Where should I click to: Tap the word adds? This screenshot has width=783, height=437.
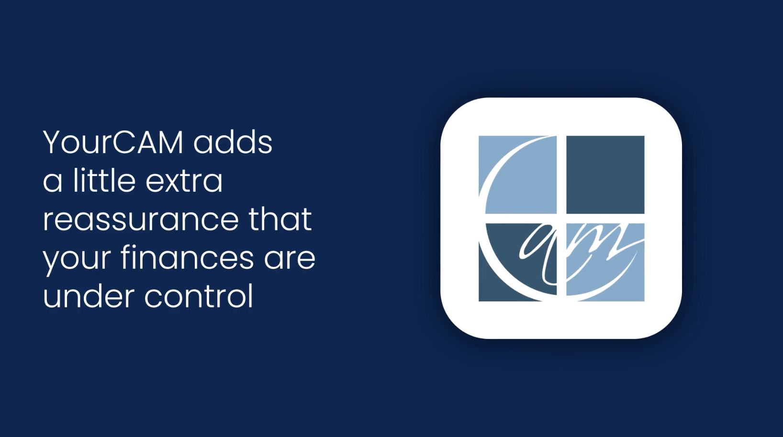pyautogui.click(x=233, y=142)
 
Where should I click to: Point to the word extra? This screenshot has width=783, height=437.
pyautogui.click(x=184, y=182)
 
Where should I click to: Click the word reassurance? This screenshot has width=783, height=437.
pyautogui.click(x=141, y=220)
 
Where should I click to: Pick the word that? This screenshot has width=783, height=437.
pyautogui.click(x=280, y=219)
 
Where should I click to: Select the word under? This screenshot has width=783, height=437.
pyautogui.click(x=89, y=296)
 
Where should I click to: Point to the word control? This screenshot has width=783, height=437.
pyautogui.click(x=199, y=296)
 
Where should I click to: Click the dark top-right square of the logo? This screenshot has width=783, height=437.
pyautogui.click(x=605, y=175)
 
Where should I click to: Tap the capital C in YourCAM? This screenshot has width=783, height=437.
pyautogui.click(x=126, y=142)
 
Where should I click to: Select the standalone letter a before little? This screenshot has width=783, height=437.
pyautogui.click(x=53, y=182)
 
